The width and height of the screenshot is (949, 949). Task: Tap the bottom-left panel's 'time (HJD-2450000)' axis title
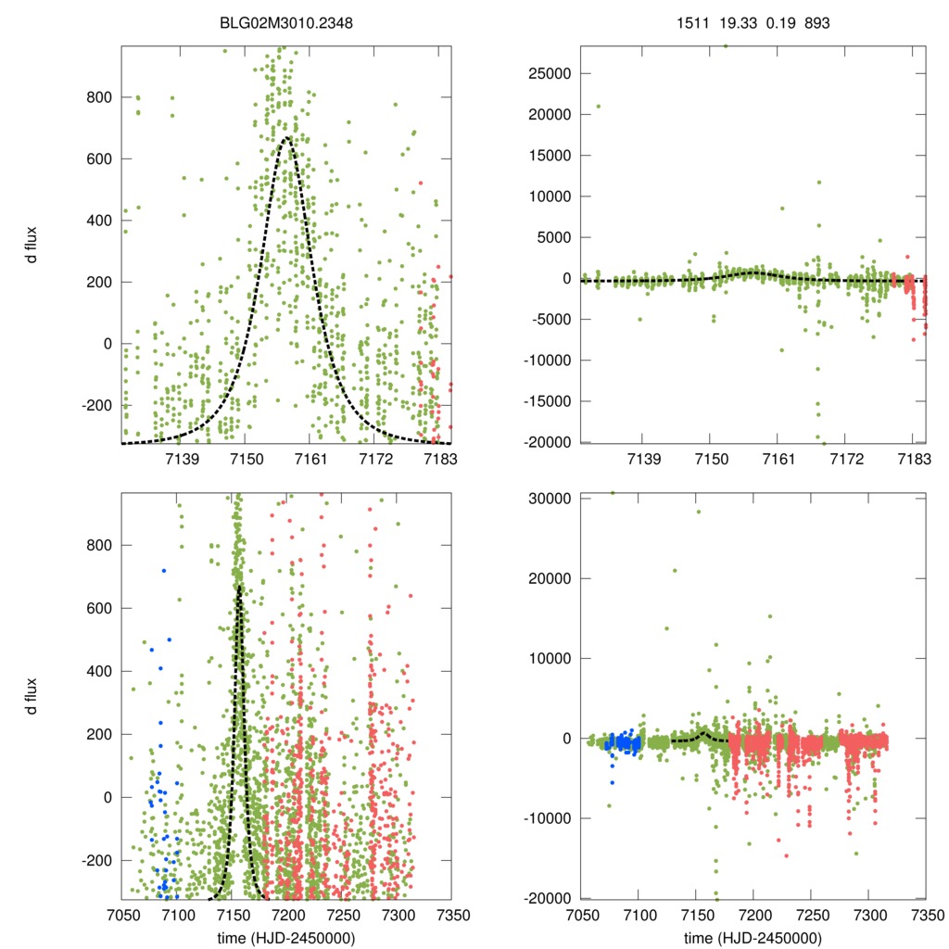[285, 938]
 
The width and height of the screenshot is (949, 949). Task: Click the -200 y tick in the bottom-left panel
[97, 860]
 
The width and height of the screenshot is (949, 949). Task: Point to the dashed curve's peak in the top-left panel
[286, 138]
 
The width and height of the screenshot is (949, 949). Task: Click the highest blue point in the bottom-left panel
[163, 571]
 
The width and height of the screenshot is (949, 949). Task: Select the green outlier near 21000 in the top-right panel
[598, 106]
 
